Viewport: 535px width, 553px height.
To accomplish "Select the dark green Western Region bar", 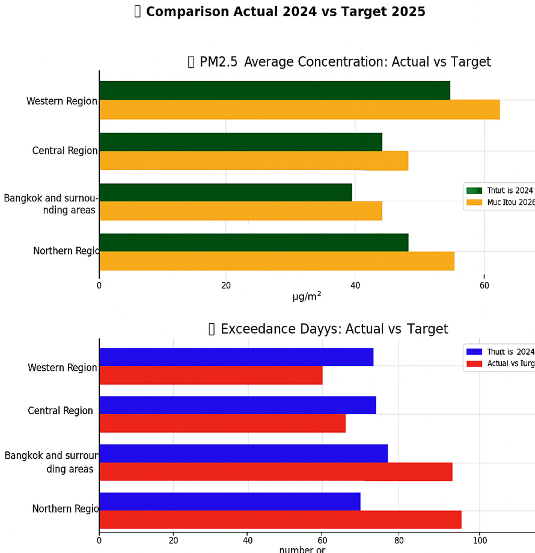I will pyautogui.click(x=275, y=90).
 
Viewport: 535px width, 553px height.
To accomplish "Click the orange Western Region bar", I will pyautogui.click(x=299, y=109).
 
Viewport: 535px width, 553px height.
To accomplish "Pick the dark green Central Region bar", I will pyautogui.click(x=240, y=142).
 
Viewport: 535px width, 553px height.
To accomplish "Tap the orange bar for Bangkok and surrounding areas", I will pyautogui.click(x=240, y=211).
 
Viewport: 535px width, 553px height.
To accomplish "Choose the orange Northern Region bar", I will pyautogui.click(x=277, y=261).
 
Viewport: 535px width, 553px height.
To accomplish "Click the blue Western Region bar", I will pyautogui.click(x=236, y=357).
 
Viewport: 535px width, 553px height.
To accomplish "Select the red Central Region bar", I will pyautogui.click(x=222, y=423).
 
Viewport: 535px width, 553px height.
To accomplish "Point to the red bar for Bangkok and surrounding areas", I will pyautogui.click(x=275, y=471).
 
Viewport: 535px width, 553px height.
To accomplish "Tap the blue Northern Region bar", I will pyautogui.click(x=230, y=501).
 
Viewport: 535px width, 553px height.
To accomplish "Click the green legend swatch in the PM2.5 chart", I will pyautogui.click(x=474, y=191).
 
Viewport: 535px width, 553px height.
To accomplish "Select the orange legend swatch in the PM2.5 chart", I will pyautogui.click(x=474, y=203).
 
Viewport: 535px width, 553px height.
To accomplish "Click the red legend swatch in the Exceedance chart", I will pyautogui.click(x=474, y=364).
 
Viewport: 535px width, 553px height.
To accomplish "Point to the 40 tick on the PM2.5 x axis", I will pyautogui.click(x=355, y=286).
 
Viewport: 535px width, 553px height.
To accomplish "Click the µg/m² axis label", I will pyautogui.click(x=306, y=296).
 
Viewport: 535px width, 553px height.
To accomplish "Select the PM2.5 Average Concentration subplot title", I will pyautogui.click(x=340, y=62).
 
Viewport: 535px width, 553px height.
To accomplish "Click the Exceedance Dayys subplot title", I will pyautogui.click(x=328, y=329).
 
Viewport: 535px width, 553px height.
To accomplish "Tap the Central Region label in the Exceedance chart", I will pyautogui.click(x=61, y=411).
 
